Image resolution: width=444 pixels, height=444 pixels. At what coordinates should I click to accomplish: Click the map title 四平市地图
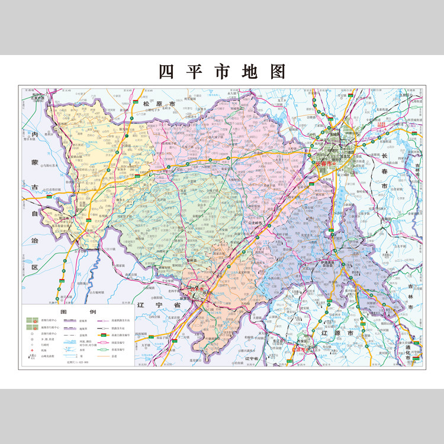(222, 72)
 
